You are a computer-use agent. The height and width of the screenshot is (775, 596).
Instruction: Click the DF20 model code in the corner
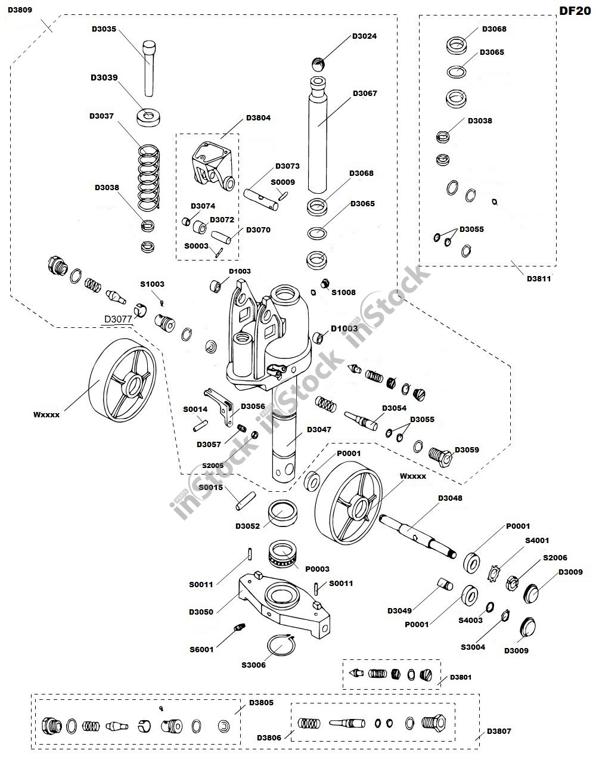point(575,11)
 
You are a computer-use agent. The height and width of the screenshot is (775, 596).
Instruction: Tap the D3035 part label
point(104,28)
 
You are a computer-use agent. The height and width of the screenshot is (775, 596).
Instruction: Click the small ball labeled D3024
point(319,63)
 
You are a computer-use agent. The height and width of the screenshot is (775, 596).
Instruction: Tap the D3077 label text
point(119,319)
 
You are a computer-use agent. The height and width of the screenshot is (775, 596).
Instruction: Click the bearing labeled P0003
point(284,554)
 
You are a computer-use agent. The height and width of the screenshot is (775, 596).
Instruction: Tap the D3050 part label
point(201,612)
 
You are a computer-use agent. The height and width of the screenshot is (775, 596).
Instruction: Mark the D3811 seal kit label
point(539,278)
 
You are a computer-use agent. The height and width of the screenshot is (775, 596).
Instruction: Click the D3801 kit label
point(460,677)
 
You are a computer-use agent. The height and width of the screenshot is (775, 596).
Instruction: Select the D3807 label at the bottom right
point(499,731)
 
